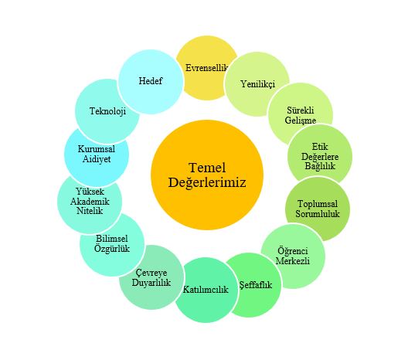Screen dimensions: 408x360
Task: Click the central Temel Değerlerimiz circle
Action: coord(207,175)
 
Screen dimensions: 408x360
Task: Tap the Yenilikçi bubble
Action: coord(257,83)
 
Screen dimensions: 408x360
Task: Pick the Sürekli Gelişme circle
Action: coord(301,115)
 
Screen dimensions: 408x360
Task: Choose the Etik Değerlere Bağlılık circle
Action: coord(320,157)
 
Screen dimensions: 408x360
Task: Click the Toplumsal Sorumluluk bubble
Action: coord(318,209)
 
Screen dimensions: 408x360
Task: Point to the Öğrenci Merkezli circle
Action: coord(293,256)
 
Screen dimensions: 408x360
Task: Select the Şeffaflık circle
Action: coord(255,285)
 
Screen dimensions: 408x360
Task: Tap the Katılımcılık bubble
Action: coord(206,290)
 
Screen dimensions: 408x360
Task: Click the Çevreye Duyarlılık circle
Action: coord(151,277)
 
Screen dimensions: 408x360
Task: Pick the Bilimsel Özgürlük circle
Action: coord(112,243)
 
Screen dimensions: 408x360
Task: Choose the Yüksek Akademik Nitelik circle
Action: coord(90,202)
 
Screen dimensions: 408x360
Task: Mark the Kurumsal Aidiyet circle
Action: coord(97,155)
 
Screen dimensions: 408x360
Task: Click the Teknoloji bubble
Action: coord(107,111)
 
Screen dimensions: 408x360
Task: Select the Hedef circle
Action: coord(151,81)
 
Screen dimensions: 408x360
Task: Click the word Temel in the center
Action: coord(207,168)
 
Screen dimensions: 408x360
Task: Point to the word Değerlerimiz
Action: coord(207,182)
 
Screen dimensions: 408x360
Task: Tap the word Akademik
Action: coord(90,202)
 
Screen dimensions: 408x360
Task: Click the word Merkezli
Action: coord(293,261)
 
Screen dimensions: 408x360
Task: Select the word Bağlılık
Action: coord(320,166)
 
